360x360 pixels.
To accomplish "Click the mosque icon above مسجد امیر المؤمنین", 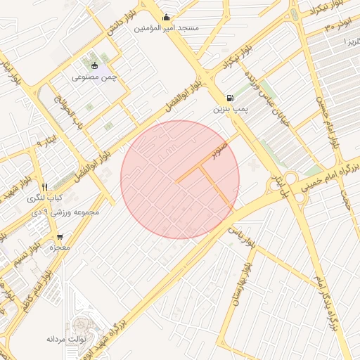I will (166, 18).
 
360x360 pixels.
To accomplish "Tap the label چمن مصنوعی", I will (97, 76).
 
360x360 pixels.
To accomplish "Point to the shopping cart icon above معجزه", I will (59, 236).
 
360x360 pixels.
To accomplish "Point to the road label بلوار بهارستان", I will (240, 282).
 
